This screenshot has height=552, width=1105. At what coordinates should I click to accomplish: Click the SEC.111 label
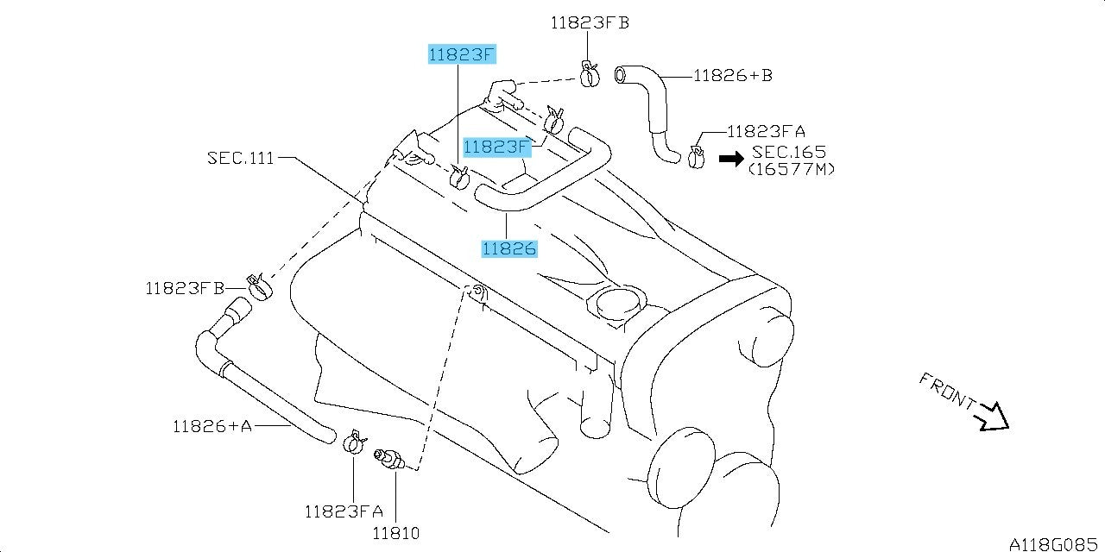pos(240,158)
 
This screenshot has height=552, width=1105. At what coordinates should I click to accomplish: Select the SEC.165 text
pos(789,152)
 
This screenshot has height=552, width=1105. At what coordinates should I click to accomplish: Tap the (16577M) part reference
pos(792,170)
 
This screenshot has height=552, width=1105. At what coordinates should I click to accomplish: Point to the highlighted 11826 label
pos(509,248)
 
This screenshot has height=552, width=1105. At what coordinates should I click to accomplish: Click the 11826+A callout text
pos(212,426)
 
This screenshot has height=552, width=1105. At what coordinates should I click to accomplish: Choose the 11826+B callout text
pos(733,75)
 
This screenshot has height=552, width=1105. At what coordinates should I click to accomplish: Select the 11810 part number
pos(395,533)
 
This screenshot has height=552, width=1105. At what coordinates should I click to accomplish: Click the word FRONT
pos(947,391)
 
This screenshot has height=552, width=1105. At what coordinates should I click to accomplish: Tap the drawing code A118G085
pos(1053,544)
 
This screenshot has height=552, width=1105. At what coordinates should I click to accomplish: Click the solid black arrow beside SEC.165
pos(731,159)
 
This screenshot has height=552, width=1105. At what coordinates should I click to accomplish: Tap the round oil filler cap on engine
pos(621,304)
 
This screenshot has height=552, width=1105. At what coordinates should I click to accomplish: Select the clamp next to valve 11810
pos(353,442)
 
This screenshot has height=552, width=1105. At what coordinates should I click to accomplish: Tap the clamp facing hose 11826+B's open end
pos(589,75)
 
